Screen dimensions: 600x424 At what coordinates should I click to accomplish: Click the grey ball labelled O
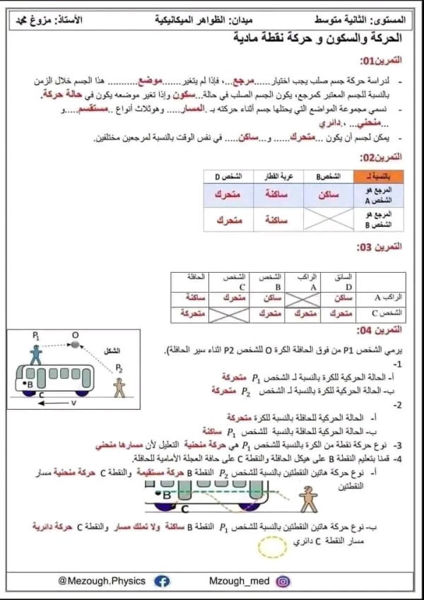click(x=74, y=344)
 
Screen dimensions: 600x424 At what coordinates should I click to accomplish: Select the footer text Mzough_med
click(x=237, y=581)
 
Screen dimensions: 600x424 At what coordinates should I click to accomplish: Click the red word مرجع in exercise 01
click(x=246, y=81)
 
